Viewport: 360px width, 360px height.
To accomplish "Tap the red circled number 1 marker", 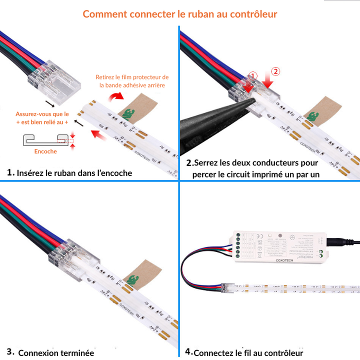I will point(253,76).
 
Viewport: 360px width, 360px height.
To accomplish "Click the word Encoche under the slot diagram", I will point(45,151).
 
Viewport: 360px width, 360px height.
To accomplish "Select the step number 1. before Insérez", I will point(11,172).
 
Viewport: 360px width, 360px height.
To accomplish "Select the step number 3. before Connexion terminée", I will point(10,351).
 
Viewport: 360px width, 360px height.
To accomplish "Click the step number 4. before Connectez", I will point(188,351).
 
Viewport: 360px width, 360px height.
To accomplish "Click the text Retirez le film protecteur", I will point(132,77).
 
